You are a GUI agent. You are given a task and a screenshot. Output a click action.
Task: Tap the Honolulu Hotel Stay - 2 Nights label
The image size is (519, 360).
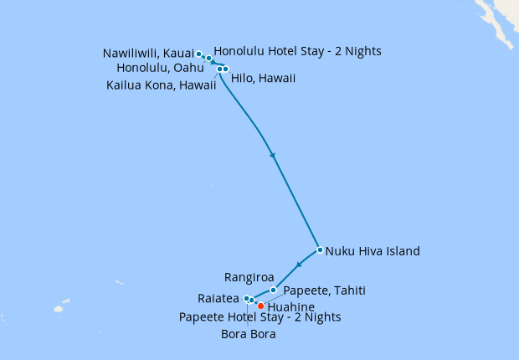pos(297,51)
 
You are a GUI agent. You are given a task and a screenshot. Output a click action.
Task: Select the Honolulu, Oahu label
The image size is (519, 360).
pos(160,68)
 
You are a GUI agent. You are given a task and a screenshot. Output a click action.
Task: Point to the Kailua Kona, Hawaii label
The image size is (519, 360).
pos(159,85)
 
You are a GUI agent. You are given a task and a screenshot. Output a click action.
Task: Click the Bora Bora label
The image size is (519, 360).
pos(249,335)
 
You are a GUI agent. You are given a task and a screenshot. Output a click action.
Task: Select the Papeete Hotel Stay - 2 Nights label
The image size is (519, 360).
pos(260,317)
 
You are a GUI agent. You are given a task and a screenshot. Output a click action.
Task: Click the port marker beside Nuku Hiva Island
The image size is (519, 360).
pos(320,249)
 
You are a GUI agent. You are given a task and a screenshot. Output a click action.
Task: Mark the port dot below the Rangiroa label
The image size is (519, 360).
pos(273,291)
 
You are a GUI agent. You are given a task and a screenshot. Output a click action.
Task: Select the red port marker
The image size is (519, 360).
pos(260,306)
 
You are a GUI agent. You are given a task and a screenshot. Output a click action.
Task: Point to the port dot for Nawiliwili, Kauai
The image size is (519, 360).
pos(198,54)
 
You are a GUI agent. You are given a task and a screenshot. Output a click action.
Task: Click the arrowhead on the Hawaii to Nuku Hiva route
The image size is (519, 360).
pos(272,156)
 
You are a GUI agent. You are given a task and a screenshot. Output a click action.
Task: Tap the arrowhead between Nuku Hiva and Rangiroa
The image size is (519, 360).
pos(299,265)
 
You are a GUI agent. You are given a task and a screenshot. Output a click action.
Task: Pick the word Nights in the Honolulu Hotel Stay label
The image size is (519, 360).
pos(362,51)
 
